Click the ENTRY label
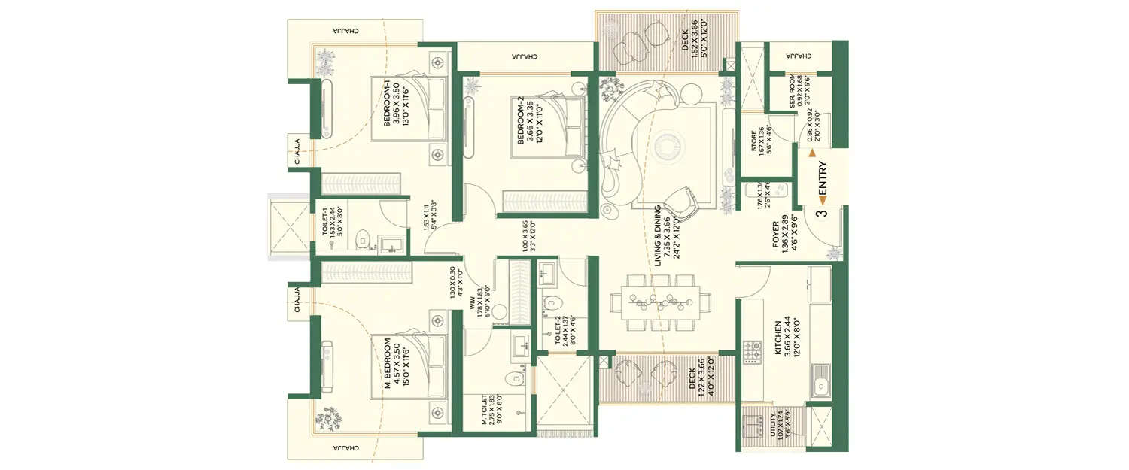[x=823, y=182]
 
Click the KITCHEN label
[x=778, y=336]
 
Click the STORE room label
[x=754, y=141]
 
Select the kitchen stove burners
[x=752, y=352]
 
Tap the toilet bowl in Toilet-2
[x=551, y=304]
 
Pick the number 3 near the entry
[x=822, y=213]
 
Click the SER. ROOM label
[x=793, y=92]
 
